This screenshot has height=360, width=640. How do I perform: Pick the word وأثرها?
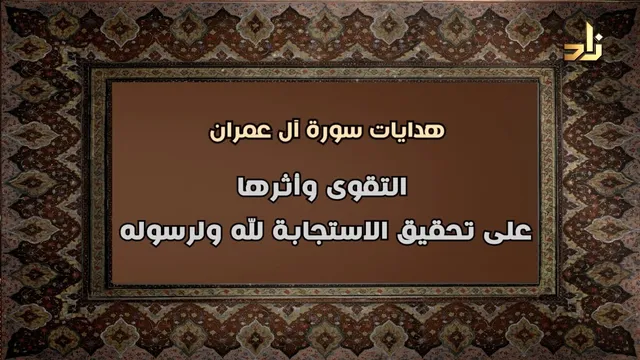coord(272,187)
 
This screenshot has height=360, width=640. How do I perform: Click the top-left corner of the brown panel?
coord(111,82)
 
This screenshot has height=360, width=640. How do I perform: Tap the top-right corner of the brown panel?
coord(539,82)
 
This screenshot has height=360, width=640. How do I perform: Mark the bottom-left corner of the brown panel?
coord(111,284)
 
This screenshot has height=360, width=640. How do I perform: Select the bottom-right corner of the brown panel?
coord(539,284)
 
